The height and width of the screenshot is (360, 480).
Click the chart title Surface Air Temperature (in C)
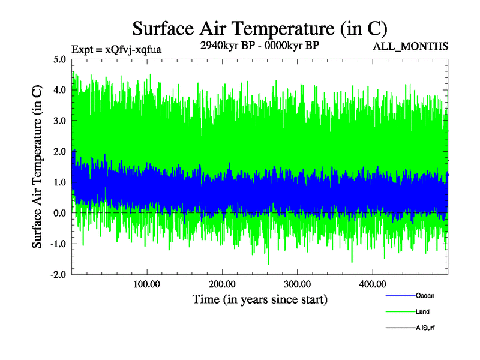(260, 29)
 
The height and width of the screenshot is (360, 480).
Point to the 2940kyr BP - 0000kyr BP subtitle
(259, 46)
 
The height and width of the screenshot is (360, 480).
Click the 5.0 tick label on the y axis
(59, 59)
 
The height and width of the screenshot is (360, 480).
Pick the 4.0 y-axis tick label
(59, 90)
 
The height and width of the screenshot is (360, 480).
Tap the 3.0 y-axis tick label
(59, 121)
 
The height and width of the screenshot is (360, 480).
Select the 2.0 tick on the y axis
(59, 151)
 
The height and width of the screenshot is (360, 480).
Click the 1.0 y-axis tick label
(59, 182)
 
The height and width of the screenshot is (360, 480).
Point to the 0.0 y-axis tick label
(59, 213)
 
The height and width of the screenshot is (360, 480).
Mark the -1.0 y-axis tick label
(58, 244)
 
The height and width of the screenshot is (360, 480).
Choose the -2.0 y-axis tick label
(58, 274)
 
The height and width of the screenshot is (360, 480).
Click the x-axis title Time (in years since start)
(260, 298)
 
